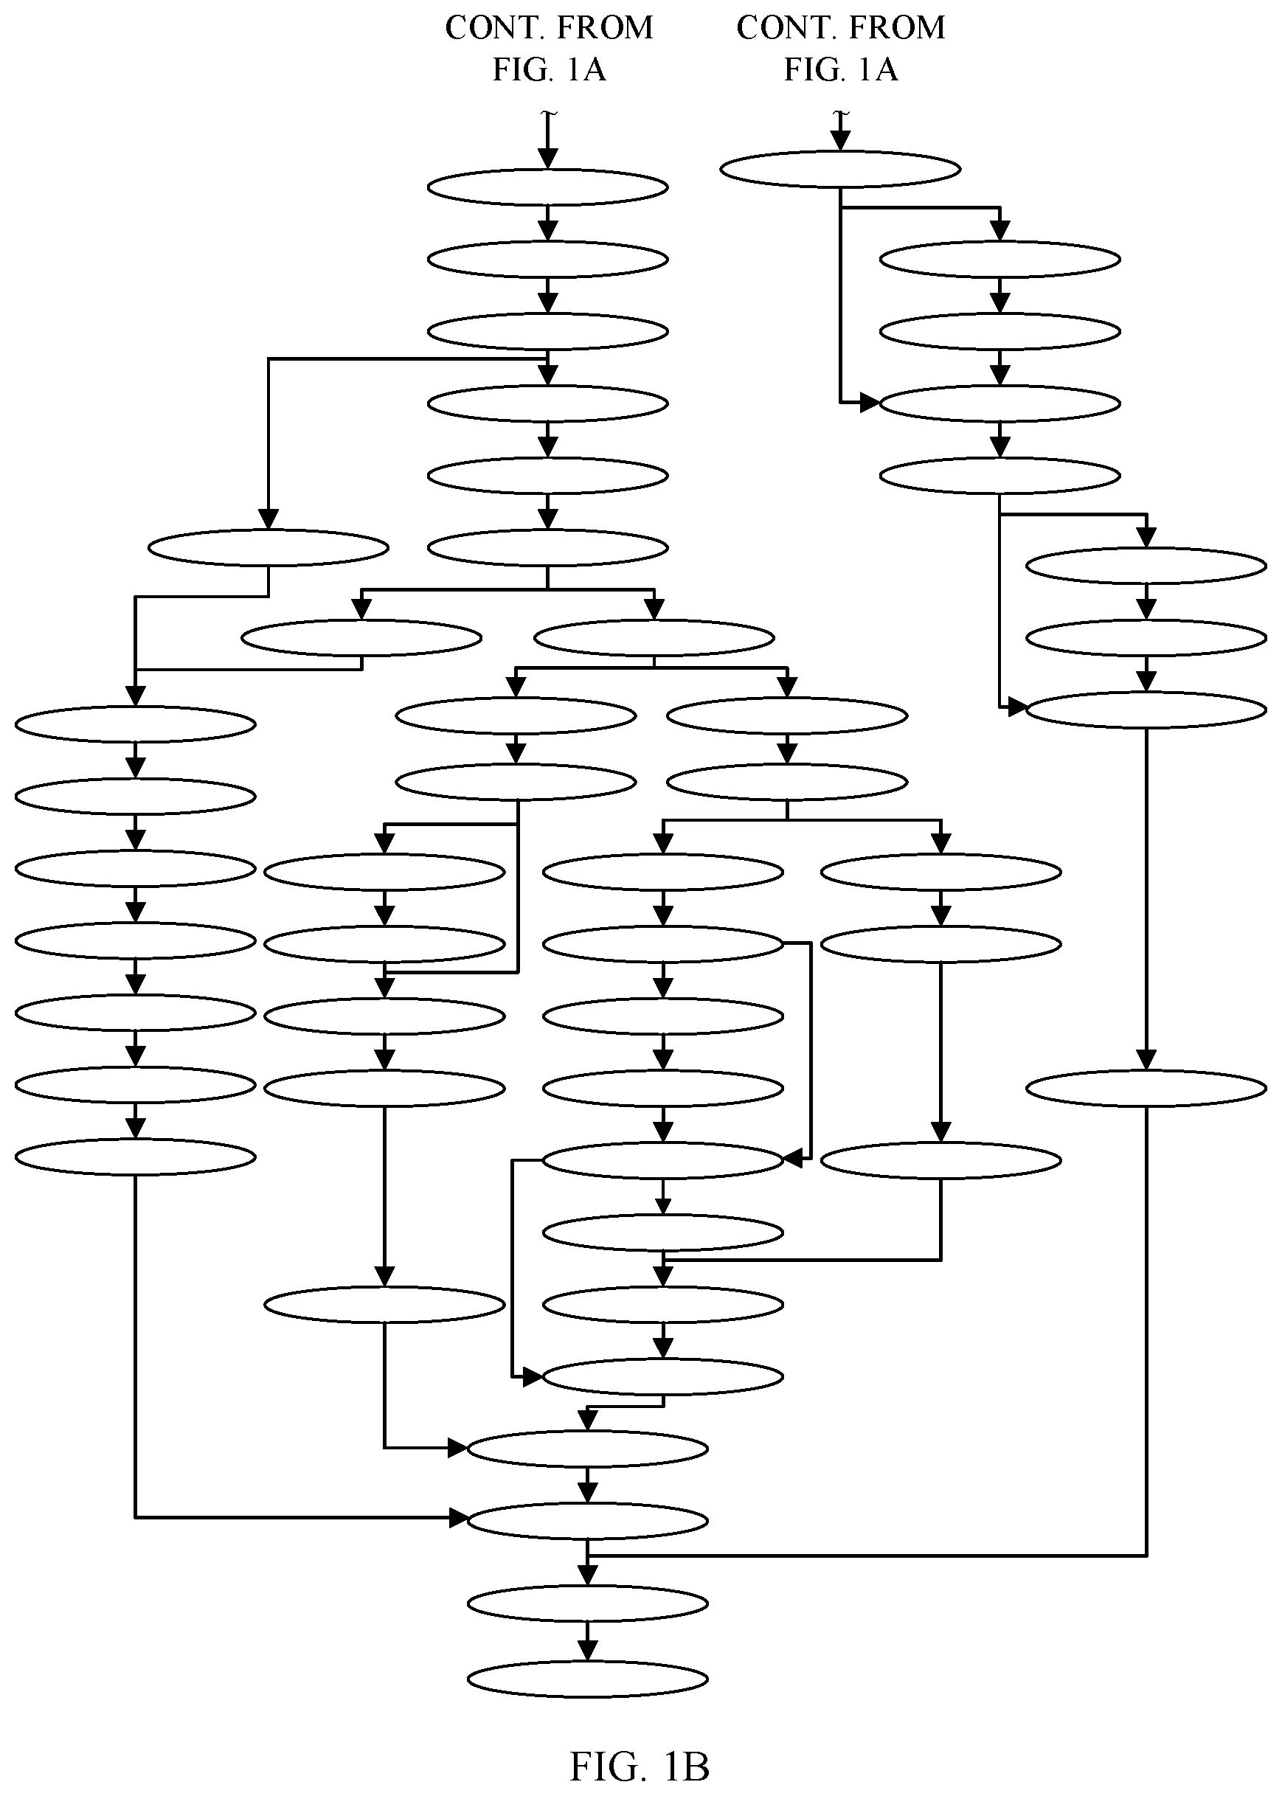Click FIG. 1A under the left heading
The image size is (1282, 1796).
point(550,69)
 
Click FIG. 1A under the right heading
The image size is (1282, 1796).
point(841,69)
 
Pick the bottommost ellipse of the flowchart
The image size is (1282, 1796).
point(587,1679)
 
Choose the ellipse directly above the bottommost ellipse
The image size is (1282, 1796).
point(587,1604)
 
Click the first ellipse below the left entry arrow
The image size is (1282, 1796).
point(548,188)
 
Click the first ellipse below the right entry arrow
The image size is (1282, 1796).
point(841,169)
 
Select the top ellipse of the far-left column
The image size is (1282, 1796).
point(136,724)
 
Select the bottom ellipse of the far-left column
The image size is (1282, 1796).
point(136,1158)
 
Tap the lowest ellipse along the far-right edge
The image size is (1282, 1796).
point(1146,1089)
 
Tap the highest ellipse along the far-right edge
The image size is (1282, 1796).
point(1146,566)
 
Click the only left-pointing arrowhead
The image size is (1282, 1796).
point(792,1159)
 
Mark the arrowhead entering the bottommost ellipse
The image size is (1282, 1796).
point(587,1651)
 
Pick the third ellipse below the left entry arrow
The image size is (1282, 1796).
point(548,332)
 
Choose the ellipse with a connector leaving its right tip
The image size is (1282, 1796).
point(663,944)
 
